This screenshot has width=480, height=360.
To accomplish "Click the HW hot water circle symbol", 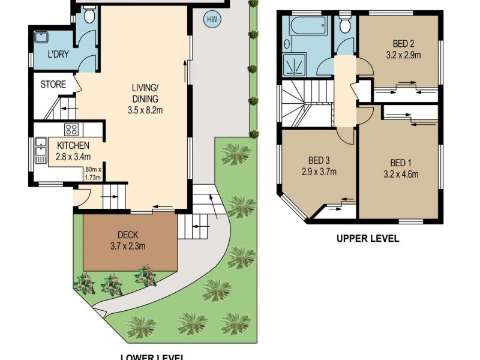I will pyautogui.click(x=211, y=19).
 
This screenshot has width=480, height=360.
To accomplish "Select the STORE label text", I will pyautogui.click(x=53, y=85).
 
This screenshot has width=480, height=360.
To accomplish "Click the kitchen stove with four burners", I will pyautogui.click(x=72, y=129).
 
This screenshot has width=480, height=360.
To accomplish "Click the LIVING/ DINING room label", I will pyautogui.click(x=146, y=94).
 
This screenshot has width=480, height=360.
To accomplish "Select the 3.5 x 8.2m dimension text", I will pyautogui.click(x=146, y=110).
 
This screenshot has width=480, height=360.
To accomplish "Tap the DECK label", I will pyautogui.click(x=129, y=234).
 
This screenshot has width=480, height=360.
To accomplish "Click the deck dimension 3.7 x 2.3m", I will pyautogui.click(x=129, y=245).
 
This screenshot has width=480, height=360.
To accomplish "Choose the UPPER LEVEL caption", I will pyautogui.click(x=367, y=238).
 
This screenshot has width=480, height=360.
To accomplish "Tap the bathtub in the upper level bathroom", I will pyautogui.click(x=307, y=26).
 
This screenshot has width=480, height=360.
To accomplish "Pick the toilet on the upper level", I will pyautogui.click(x=344, y=25).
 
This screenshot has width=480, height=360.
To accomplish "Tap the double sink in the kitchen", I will pyautogui.click(x=41, y=149).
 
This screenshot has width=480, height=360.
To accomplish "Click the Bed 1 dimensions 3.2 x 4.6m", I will pyautogui.click(x=401, y=175).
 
